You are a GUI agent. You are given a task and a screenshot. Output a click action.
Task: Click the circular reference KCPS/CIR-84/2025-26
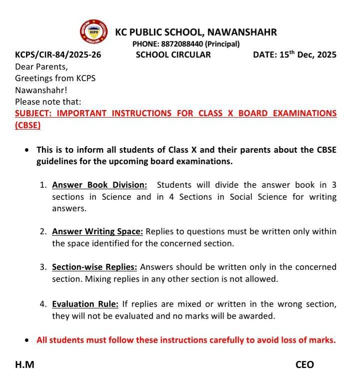click(58, 55)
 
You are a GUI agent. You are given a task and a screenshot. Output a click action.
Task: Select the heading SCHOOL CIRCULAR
click(173, 55)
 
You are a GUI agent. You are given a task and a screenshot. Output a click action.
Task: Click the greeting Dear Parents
click(41, 67)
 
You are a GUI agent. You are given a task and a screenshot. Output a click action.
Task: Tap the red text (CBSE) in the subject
click(28, 125)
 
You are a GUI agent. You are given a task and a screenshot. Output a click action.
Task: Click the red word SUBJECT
click(33, 113)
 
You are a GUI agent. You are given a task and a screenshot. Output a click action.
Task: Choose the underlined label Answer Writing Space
click(97, 231)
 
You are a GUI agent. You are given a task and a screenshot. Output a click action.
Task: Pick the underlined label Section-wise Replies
click(94, 267)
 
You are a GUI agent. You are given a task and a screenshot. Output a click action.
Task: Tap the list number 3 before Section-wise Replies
click(43, 267)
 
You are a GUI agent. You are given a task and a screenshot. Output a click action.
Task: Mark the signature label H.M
click(24, 365)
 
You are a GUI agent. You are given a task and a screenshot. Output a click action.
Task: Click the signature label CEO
click(304, 365)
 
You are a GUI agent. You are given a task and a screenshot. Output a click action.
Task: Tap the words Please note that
click(48, 102)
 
